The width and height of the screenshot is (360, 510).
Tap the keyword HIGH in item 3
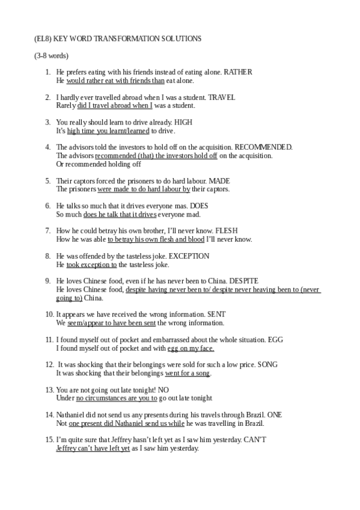pos(183,122)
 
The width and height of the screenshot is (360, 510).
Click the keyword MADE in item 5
pos(218,181)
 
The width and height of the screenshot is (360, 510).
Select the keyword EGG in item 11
pos(276,340)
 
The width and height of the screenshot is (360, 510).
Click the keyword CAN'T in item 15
pos(255,440)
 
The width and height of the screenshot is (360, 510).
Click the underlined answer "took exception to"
pos(91,265)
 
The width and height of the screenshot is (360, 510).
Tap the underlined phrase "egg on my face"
pos(191,348)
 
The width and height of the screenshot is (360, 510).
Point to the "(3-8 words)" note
pos(51,56)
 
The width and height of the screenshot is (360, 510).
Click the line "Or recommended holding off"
pos(99,164)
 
